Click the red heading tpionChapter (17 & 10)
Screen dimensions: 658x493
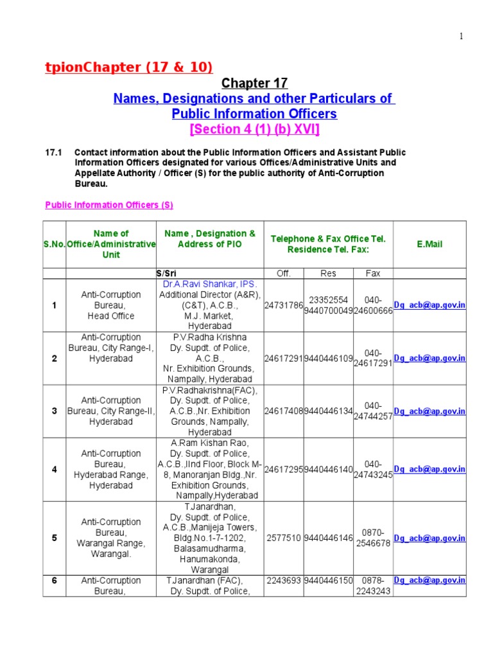(128, 67)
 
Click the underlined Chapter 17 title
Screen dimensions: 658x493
(255, 84)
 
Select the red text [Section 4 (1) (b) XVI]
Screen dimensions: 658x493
(255, 130)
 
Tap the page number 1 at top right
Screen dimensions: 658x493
(460, 37)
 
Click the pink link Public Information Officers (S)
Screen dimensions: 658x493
(109, 205)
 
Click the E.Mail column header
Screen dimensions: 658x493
(429, 244)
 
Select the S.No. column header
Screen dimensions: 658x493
(55, 244)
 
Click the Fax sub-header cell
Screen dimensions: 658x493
(373, 273)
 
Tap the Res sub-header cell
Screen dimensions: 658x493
(328, 273)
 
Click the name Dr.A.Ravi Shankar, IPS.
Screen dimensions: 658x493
(209, 284)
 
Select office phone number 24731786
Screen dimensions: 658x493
(283, 305)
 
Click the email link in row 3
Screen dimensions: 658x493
(429, 411)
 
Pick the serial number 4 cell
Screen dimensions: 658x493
(55, 470)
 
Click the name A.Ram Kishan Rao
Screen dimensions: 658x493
(209, 443)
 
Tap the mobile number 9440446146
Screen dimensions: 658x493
(328, 538)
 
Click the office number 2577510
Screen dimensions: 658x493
(283, 538)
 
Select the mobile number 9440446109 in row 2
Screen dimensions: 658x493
(328, 359)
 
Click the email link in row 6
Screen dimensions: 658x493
(429, 580)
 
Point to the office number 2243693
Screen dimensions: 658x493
(283, 580)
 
